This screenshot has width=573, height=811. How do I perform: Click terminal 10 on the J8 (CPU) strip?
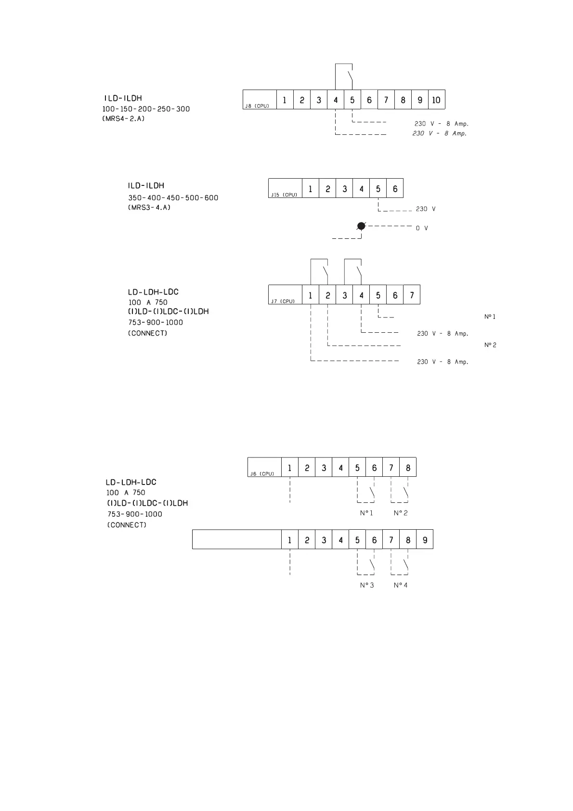pos(436,100)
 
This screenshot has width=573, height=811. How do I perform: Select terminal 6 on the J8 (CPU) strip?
pos(369,100)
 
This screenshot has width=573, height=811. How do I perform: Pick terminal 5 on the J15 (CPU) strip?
pos(378,189)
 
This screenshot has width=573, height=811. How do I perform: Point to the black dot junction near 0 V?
pos(361,226)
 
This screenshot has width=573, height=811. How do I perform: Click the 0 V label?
pos(422,228)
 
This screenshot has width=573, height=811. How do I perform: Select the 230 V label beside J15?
pos(426,209)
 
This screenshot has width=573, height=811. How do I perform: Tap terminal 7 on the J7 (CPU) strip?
pos(412,295)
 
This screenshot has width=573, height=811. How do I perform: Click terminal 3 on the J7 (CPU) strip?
pos(344,295)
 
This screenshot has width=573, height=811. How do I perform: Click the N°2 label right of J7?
pos(490,345)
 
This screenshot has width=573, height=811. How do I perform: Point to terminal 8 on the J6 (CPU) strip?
pos(408,468)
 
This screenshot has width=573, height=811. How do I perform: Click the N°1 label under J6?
pos(366,513)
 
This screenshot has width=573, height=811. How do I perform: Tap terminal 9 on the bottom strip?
pos(425,540)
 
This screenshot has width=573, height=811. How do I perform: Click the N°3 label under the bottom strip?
pos(366,585)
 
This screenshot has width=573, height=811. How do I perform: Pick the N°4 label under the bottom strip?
pos(400,585)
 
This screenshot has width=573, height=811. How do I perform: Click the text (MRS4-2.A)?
pos(123,118)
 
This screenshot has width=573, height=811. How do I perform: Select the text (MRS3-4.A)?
pos(149,208)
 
